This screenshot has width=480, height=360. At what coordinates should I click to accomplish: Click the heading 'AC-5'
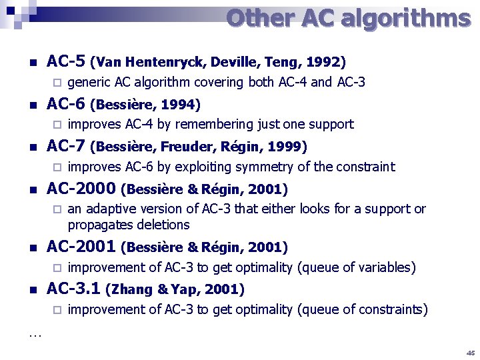[x=65, y=62]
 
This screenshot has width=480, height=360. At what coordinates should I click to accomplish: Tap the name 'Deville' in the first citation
[x=234, y=63]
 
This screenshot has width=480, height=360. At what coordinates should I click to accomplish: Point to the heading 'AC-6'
[x=65, y=104]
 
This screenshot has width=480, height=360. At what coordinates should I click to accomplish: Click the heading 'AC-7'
[x=65, y=147]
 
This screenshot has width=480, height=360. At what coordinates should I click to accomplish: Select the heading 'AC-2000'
[x=81, y=189]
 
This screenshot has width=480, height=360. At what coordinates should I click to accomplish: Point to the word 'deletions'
[x=163, y=225]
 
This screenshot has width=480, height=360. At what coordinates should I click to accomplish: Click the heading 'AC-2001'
[x=81, y=247]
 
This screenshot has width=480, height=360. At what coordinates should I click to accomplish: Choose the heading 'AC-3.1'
[x=73, y=289]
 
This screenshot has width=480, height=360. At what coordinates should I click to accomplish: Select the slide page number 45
[x=471, y=353]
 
